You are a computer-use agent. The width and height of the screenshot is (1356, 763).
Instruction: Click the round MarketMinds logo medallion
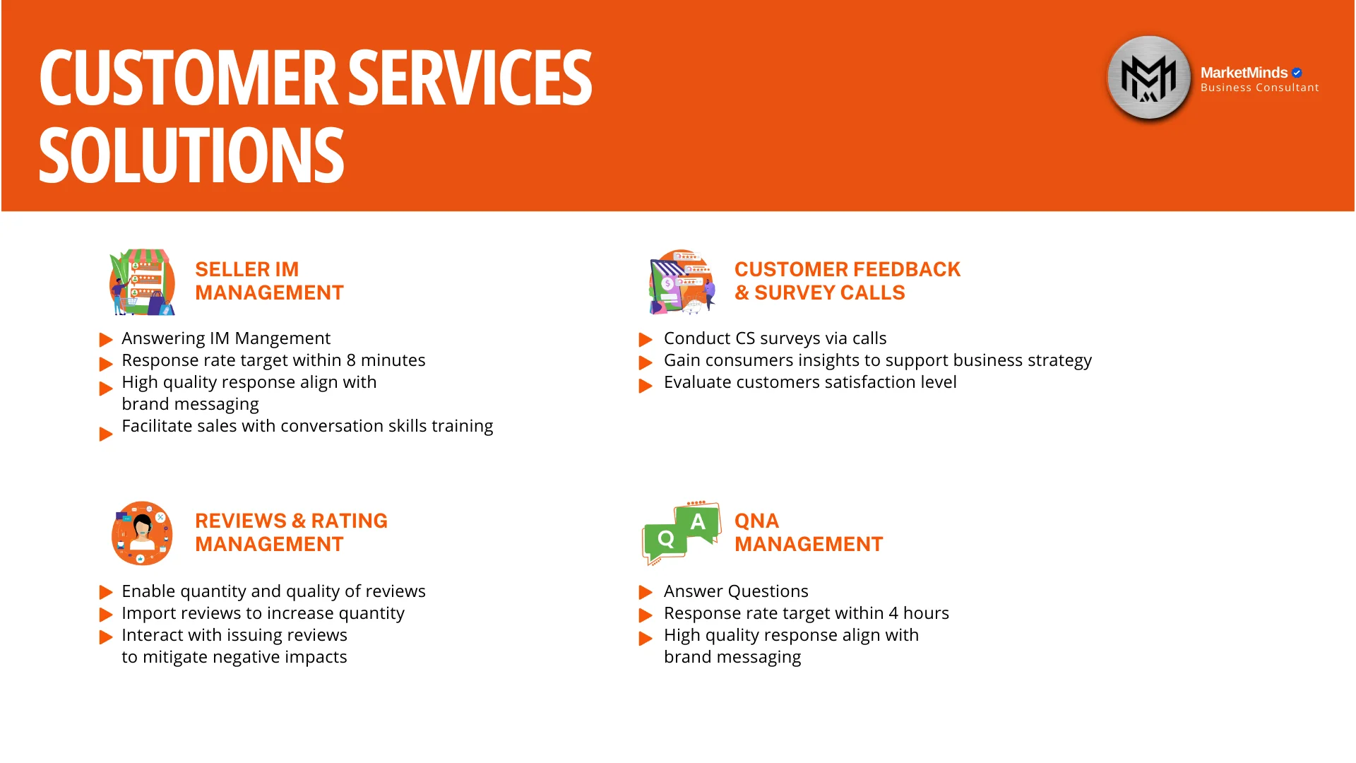click(x=1149, y=78)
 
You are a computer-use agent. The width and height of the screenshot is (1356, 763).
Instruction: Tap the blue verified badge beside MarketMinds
click(x=1297, y=73)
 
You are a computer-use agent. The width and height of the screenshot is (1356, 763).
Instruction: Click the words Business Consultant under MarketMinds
click(x=1259, y=88)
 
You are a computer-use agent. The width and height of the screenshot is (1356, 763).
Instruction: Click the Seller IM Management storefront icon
click(x=142, y=282)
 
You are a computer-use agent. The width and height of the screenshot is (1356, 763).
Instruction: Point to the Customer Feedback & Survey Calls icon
click(x=682, y=282)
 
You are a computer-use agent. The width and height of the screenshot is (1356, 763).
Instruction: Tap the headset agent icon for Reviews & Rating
click(x=142, y=533)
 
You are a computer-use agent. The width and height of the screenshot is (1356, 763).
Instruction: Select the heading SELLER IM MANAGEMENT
click(x=269, y=281)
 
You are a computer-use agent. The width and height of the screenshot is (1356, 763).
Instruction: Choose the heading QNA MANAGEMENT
click(x=809, y=533)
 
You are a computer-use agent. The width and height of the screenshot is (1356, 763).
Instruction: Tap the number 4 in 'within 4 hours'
click(x=893, y=613)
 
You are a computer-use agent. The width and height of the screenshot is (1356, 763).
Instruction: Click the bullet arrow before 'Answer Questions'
click(x=645, y=592)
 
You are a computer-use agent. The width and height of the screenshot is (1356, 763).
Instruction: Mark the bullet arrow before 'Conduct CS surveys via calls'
click(x=645, y=340)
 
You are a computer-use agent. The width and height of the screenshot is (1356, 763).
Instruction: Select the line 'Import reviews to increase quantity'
click(x=263, y=614)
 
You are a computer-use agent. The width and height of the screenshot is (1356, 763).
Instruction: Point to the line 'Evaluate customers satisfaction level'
click(x=810, y=382)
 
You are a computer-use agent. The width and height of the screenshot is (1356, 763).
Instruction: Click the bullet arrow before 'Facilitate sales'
click(x=105, y=434)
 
